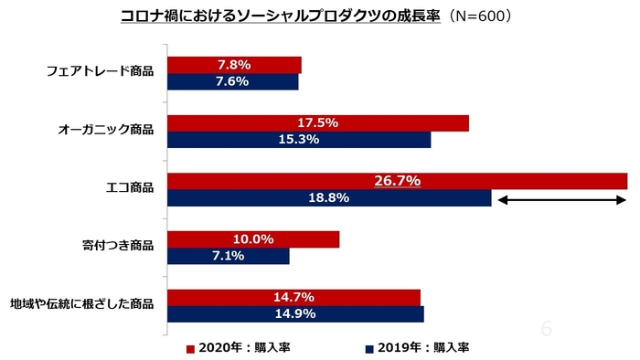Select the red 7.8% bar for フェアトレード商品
coord(234,65)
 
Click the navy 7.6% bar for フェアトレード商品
coord(232,81)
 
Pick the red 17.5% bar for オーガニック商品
coord(317,122)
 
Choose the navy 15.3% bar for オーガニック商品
coord(298,140)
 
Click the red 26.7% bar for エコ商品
coord(397,181)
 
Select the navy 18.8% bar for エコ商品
coord(329,198)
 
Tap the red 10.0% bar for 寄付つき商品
coord(252,239)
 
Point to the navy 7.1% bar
coord(228,256)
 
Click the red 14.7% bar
coord(293,297)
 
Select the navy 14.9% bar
coord(294,314)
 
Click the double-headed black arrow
coord(560,198)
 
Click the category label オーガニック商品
coord(105,131)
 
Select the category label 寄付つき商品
coord(118,247)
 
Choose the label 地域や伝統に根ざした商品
coord(81,304)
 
